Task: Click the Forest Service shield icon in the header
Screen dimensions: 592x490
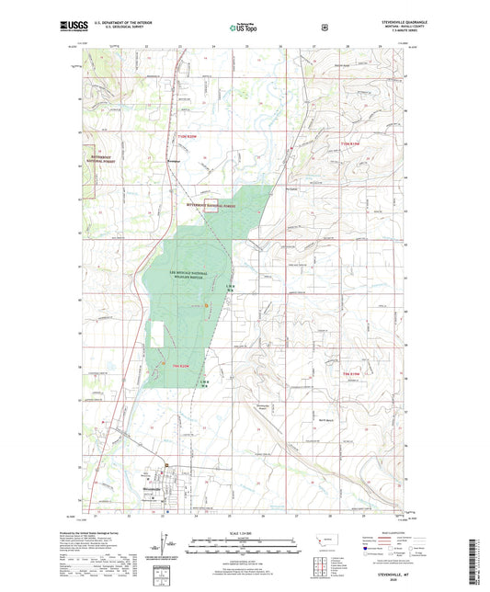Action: [324, 27]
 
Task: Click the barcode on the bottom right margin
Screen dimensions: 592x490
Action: [479, 560]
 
